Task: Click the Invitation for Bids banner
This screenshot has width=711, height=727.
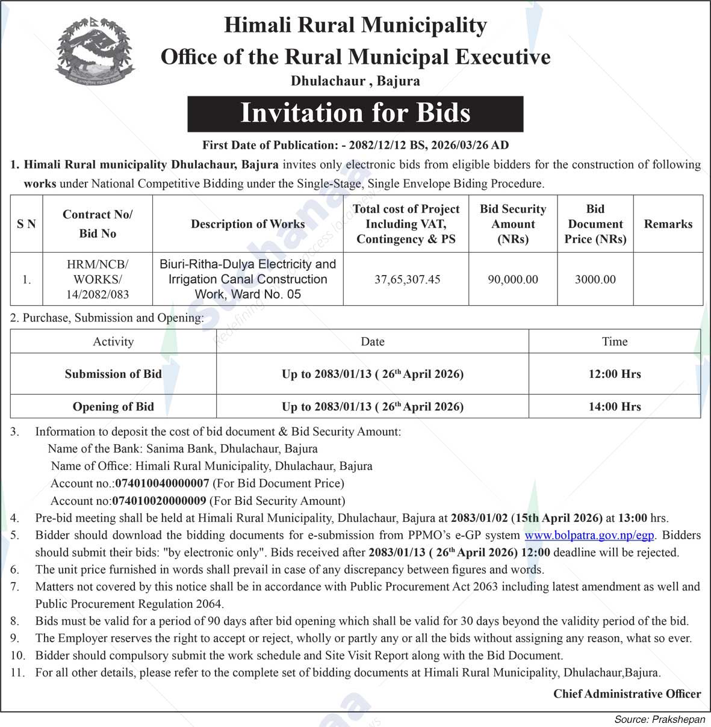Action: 355,114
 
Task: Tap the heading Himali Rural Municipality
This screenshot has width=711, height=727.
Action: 355,25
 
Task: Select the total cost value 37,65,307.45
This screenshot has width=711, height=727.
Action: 407,279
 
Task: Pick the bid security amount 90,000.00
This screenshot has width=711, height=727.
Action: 513,279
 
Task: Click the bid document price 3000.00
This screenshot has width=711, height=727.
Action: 595,279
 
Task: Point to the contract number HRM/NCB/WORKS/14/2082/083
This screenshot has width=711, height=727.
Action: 98,279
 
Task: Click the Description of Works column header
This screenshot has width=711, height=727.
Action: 247,224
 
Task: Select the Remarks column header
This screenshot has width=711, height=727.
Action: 668,224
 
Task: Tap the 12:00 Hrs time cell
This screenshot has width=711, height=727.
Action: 614,374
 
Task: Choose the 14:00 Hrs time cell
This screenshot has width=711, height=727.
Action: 614,406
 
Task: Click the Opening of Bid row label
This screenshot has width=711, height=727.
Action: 113,406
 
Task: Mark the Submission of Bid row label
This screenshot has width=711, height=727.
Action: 113,374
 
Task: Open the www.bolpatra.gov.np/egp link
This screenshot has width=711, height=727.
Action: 589,534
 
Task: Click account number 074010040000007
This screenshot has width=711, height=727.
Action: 162,483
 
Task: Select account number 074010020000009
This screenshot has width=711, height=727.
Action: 160,501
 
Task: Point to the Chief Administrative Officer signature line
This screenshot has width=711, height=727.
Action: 627,694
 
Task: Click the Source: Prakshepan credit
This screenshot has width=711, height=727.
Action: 659,719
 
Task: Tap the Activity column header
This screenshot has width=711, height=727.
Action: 113,341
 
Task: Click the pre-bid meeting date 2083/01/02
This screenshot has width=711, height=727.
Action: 479,518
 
